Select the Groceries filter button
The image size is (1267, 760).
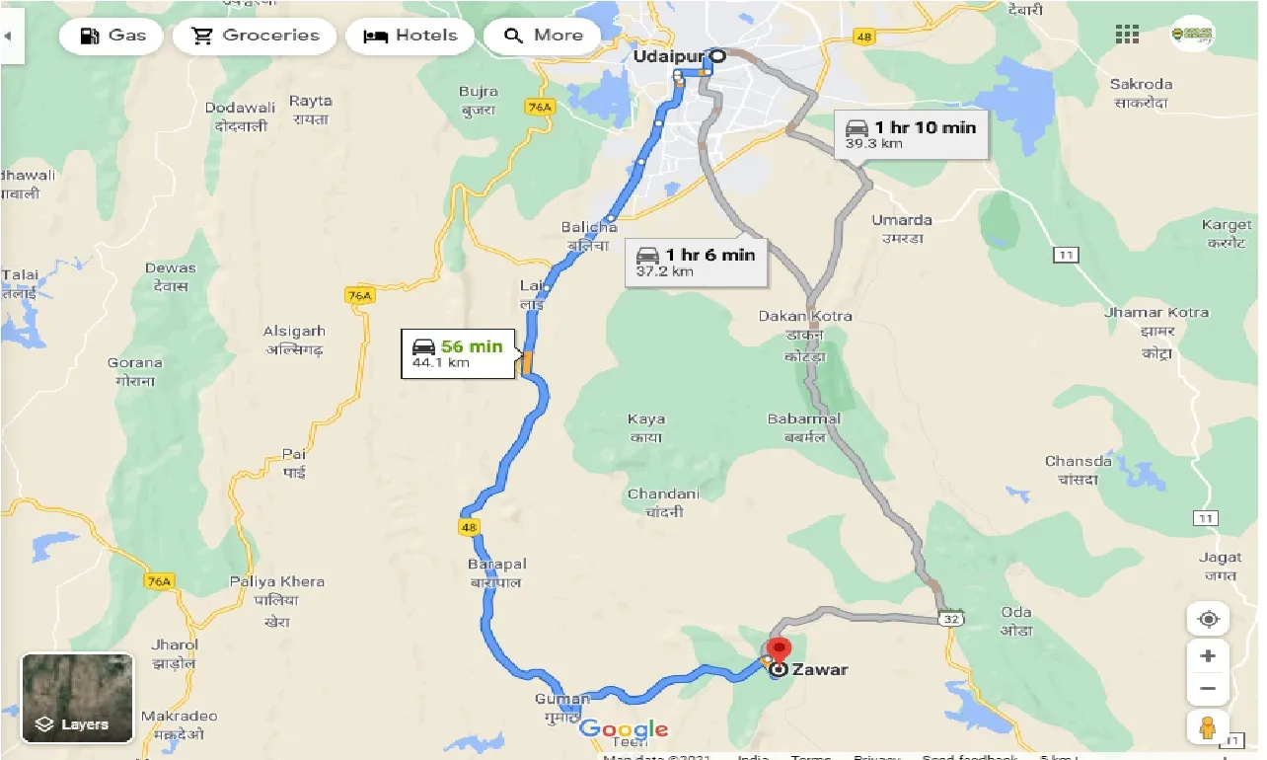click(255, 37)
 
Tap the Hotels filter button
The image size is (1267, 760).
click(411, 37)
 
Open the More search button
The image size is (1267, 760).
click(545, 37)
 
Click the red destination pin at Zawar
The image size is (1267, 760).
click(779, 651)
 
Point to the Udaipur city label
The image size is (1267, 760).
click(659, 57)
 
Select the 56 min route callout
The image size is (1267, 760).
click(458, 353)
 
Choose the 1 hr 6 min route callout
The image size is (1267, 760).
click(695, 262)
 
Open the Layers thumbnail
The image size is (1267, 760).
click(77, 696)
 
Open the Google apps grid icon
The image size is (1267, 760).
click(1127, 35)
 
